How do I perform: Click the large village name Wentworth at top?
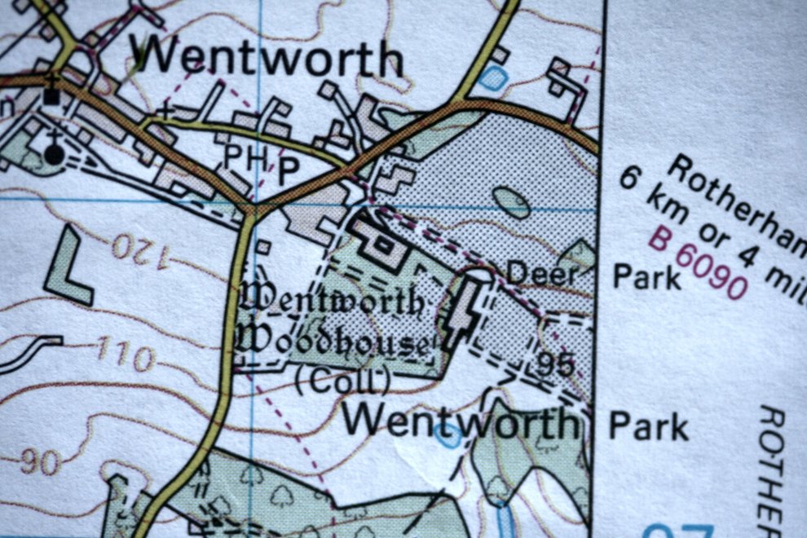pos(269,59)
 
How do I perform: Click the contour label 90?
pos(40,462)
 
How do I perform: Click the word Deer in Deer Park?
pos(541,275)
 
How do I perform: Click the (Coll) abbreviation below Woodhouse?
pos(342,381)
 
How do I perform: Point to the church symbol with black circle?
pos(53,152)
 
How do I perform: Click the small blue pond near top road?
pos(492,78)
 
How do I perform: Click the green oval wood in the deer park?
pos(512,201)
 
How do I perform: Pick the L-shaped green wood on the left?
pos(67,268)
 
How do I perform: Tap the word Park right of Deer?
pos(646,277)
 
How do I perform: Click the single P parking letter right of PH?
pos(287,169)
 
